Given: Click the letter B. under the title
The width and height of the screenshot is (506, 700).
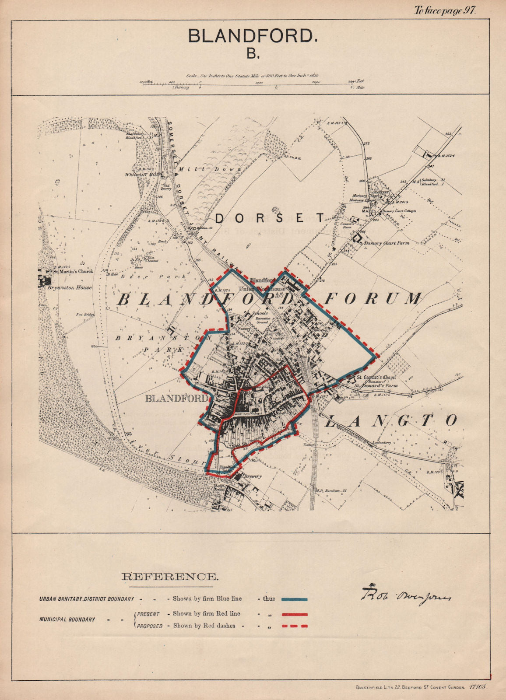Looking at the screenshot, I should coord(253,54).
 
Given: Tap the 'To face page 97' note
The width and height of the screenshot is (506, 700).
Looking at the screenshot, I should coord(444,11).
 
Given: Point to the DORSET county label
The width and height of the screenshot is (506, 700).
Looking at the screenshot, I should coord(270,218).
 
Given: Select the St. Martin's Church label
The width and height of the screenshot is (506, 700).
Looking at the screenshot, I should coord(73,271).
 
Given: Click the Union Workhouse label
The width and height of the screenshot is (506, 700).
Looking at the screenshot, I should coord(262,289).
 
